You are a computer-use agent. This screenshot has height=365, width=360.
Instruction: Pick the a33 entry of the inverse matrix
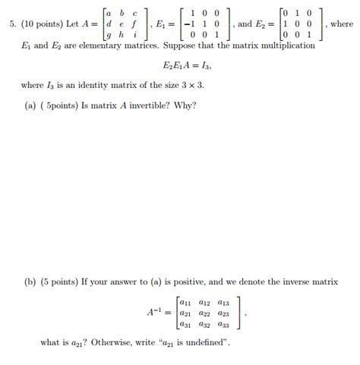(223, 323)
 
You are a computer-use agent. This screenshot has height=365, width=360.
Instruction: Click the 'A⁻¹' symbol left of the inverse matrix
(154, 312)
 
